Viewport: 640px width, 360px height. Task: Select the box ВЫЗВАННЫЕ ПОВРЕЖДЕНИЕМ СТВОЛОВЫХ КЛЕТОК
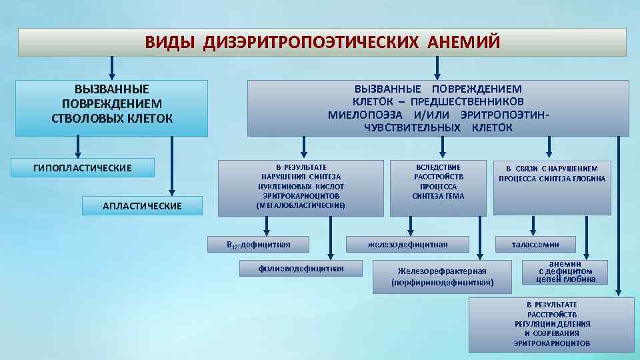pyautogui.click(x=112, y=104)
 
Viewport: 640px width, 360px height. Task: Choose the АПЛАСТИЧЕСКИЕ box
pyautogui.click(x=142, y=206)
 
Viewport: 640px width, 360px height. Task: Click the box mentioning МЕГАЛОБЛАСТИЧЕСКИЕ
pyautogui.click(x=301, y=187)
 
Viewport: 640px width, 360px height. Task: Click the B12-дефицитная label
pyautogui.click(x=259, y=245)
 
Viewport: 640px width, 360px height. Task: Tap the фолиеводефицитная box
pyautogui.click(x=301, y=268)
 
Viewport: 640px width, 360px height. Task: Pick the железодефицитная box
pyautogui.click(x=408, y=245)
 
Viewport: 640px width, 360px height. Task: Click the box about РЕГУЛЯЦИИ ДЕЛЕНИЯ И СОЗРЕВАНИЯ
pyautogui.click(x=551, y=324)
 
